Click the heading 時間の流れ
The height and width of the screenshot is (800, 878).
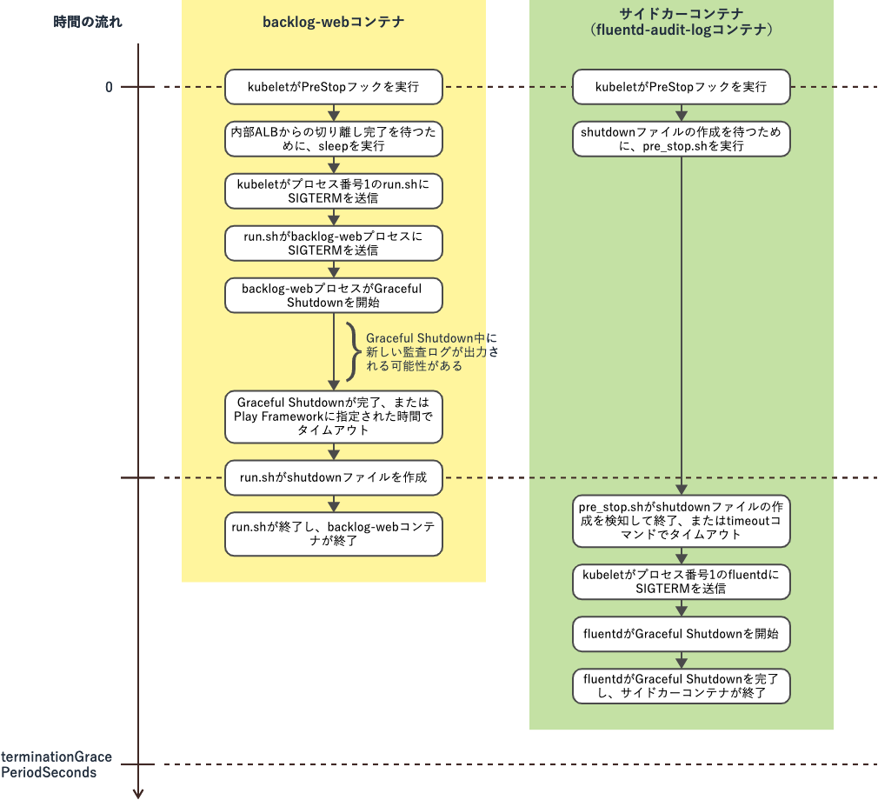88,22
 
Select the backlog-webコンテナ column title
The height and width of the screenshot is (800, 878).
334,22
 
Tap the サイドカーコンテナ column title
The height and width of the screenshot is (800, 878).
682,22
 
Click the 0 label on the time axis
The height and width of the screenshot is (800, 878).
109,87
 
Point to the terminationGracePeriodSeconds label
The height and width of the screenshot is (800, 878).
57,764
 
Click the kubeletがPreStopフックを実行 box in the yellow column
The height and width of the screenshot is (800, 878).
334,87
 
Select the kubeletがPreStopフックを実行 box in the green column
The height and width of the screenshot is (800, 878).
682,87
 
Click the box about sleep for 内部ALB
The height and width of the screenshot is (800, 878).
334,139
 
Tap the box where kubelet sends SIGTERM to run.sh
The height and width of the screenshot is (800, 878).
334,191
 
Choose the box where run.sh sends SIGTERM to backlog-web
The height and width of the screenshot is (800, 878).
334,243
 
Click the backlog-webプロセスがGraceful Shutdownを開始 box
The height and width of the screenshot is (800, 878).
334,296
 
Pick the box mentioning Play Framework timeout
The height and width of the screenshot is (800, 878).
334,416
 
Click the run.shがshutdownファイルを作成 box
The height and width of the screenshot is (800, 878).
334,477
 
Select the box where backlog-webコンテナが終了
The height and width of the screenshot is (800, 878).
334,534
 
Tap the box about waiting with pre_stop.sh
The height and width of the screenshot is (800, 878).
682,139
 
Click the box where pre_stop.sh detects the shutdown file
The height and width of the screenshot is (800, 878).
682,520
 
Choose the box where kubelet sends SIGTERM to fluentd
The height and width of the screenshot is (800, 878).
682,582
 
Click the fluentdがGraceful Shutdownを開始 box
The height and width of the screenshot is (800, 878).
682,634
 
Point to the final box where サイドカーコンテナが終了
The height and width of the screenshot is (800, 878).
682,685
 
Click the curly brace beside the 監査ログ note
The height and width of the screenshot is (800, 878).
352,352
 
